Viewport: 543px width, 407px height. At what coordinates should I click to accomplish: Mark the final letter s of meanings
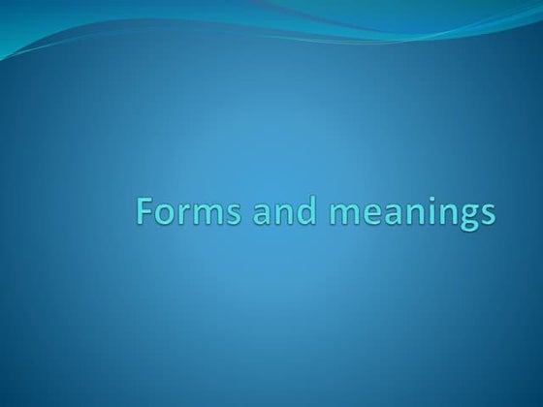(x=486, y=215)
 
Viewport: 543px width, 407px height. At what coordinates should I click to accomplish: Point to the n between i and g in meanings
(x=441, y=215)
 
